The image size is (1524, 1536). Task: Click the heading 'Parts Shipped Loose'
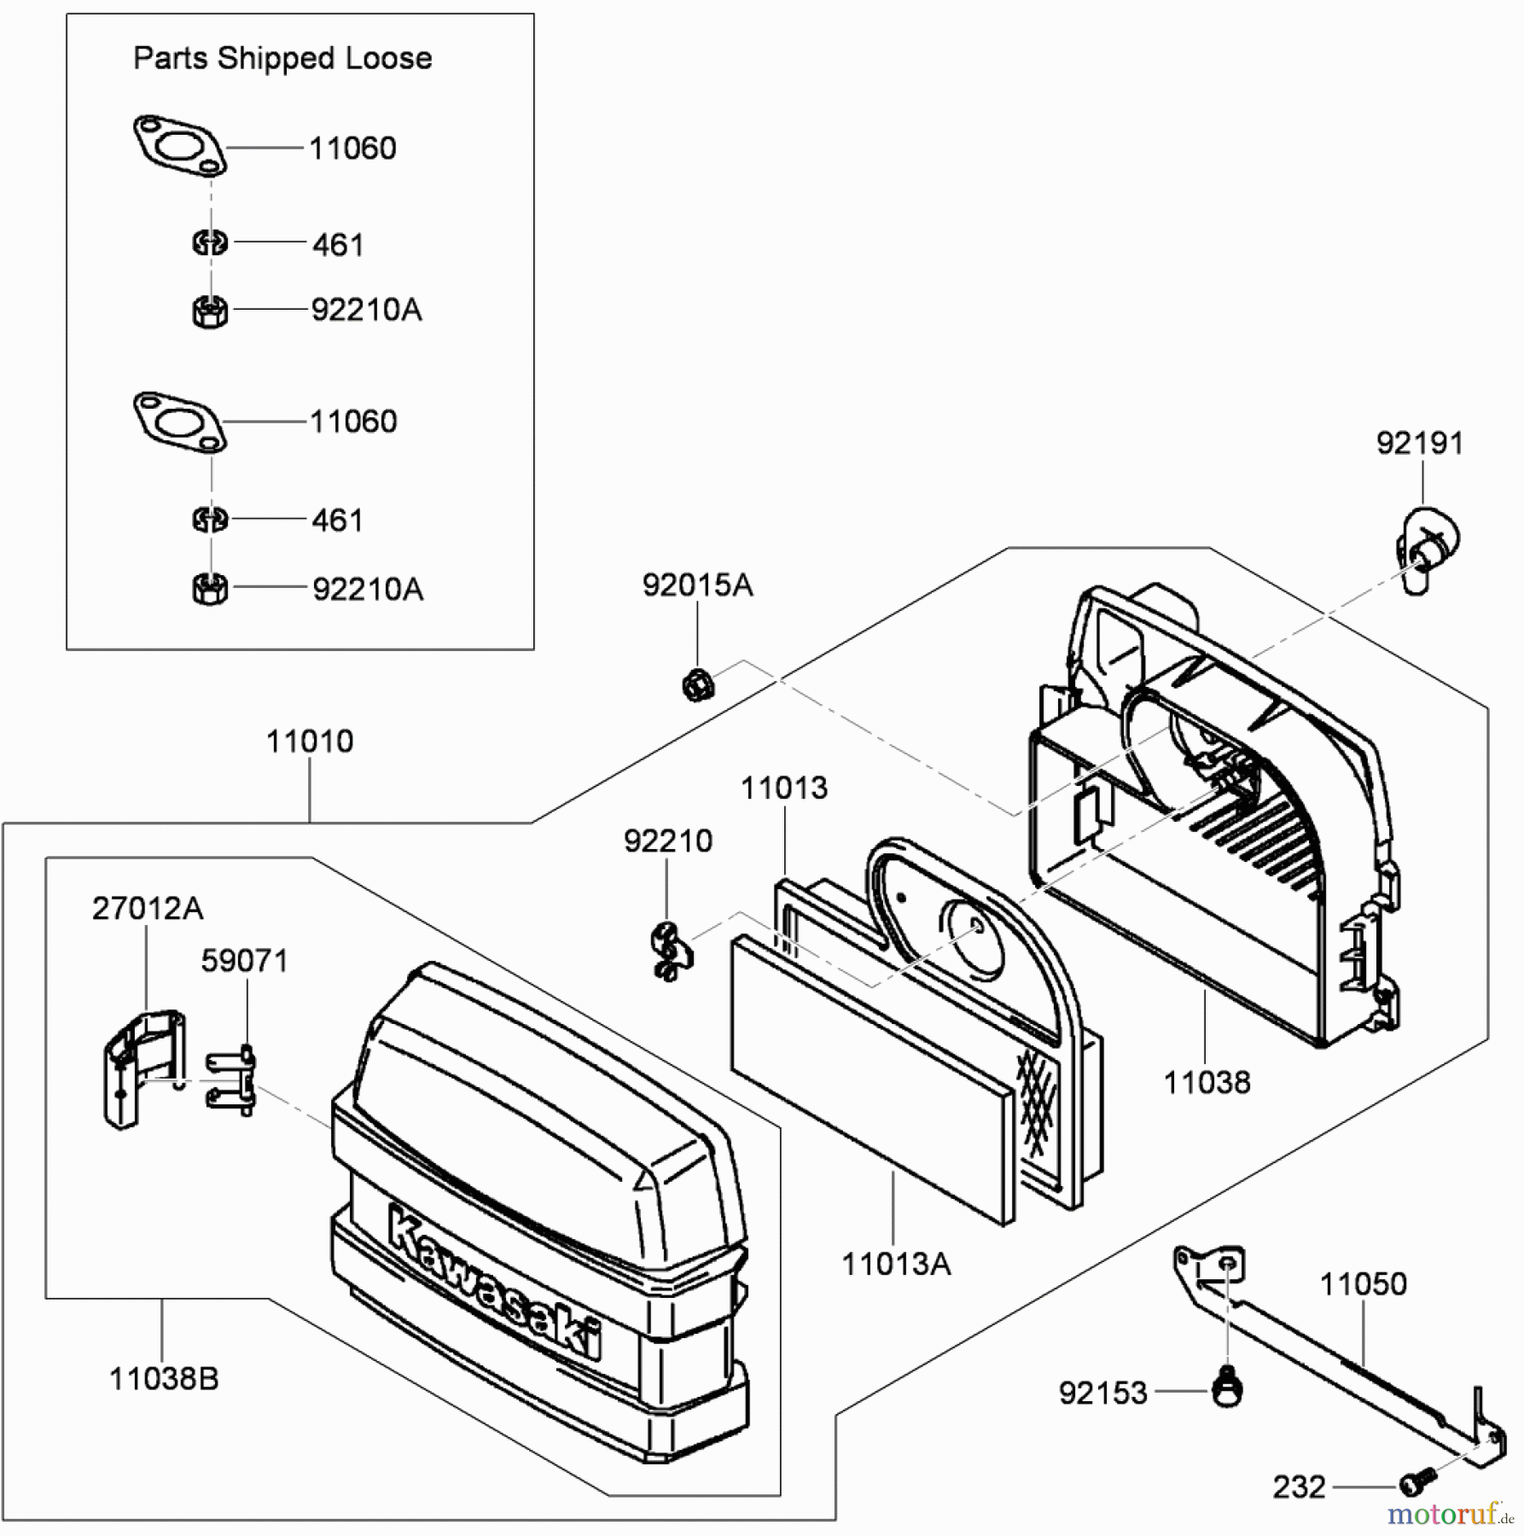point(282,58)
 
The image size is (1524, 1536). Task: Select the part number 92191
point(1420,443)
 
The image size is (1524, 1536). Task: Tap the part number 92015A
point(697,585)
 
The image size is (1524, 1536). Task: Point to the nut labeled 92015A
point(697,684)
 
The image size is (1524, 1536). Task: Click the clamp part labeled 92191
point(1426,547)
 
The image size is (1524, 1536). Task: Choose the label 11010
point(310,742)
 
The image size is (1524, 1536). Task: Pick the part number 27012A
point(148,909)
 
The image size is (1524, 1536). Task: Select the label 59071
point(245,961)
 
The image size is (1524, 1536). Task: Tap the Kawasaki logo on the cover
point(495,1281)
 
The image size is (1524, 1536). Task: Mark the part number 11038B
point(164,1378)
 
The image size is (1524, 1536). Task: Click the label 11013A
point(896,1264)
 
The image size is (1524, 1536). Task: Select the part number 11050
point(1363,1283)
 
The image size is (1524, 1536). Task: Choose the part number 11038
point(1207,1082)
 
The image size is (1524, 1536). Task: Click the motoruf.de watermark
point(1450,1514)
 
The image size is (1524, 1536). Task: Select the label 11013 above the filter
point(784,788)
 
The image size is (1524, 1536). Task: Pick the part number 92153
point(1103,1393)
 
